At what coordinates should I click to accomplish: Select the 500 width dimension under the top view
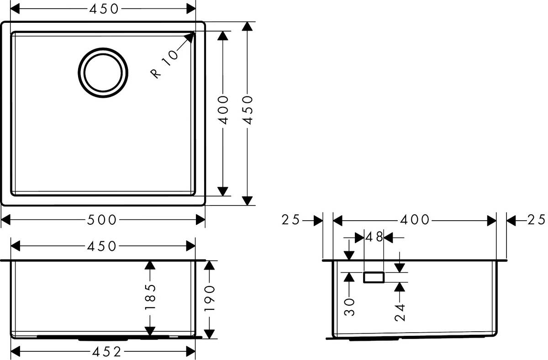[102, 220]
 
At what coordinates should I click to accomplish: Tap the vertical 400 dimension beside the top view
[223, 110]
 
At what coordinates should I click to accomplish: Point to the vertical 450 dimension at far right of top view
[247, 110]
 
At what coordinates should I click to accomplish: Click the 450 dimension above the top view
[102, 8]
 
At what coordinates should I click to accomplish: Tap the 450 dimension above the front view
[102, 246]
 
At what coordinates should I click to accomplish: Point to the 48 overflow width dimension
[374, 237]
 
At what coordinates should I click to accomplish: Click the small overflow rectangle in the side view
[374, 276]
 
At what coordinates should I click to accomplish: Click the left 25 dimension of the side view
[290, 220]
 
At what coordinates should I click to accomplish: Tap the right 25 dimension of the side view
[536, 220]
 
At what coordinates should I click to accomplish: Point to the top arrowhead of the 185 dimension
[150, 265]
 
